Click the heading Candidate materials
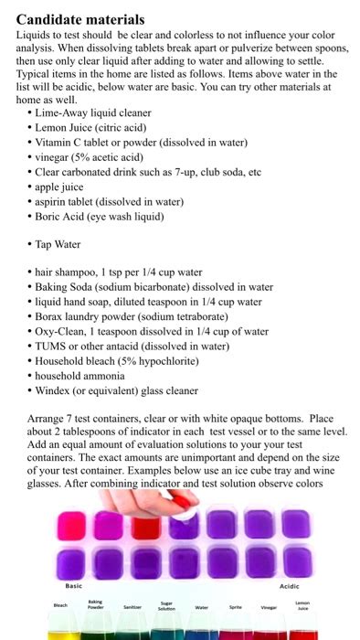80,17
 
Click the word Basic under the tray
73,584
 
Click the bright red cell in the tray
141,526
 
